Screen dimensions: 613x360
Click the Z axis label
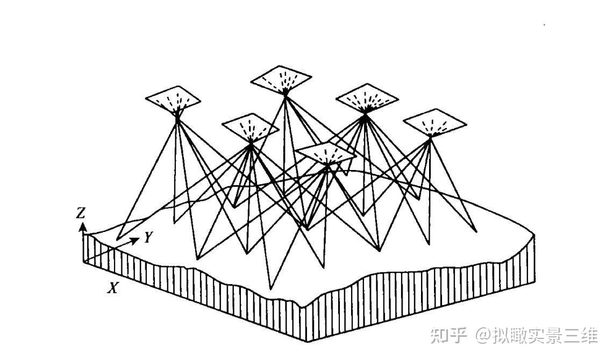[x=81, y=213]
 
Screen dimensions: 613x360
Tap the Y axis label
[x=149, y=237]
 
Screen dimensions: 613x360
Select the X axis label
[x=112, y=288]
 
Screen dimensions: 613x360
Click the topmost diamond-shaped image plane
[x=281, y=79]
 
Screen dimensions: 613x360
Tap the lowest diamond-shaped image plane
[x=326, y=154]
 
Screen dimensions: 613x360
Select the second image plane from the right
[x=367, y=97]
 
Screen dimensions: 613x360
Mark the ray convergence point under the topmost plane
[x=286, y=94]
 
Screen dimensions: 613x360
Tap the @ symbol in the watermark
[x=481, y=336]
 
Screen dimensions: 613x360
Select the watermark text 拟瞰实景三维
[x=544, y=336]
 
